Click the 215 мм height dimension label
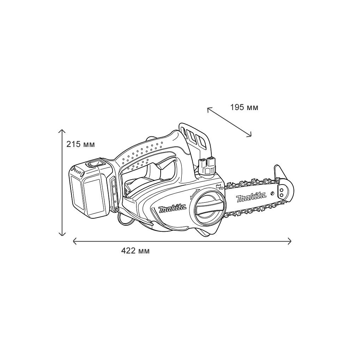pos(81,144)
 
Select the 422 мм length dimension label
pos(135,251)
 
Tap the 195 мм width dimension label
pos(244,107)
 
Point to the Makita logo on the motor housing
pos(172,209)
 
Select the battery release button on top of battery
pos(95,163)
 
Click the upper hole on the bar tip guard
pos(281,190)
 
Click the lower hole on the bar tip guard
pos(281,195)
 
